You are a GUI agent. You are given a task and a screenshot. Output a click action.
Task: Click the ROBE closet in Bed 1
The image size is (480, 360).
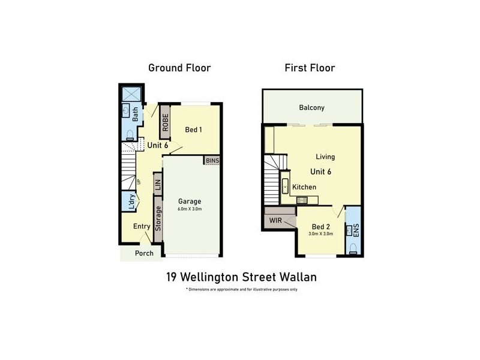click(166, 121)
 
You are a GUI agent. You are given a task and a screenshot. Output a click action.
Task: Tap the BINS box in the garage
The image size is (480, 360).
click(212, 160)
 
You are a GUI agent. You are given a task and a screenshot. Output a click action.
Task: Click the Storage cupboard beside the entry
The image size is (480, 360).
click(158, 218)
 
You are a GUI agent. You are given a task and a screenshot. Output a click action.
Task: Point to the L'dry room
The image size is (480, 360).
click(130, 201)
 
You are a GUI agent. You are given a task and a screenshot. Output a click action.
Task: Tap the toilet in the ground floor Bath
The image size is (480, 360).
click(130, 133)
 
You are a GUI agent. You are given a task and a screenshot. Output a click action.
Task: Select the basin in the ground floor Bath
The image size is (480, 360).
click(126, 111)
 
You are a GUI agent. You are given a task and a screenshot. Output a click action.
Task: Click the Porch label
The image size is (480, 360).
click(144, 253)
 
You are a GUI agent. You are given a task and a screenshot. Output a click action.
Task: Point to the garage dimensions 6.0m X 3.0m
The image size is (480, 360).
click(190, 209)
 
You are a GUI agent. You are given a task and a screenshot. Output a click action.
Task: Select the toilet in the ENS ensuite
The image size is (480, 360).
click(353, 248)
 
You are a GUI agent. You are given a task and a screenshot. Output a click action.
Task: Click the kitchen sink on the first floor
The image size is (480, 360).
click(286, 186)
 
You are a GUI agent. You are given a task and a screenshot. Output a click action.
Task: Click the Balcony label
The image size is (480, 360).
click(311, 108)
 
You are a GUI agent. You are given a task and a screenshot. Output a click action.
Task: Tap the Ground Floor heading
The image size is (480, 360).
click(179, 68)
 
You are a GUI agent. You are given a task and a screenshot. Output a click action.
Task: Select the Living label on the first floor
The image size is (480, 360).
click(325, 157)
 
